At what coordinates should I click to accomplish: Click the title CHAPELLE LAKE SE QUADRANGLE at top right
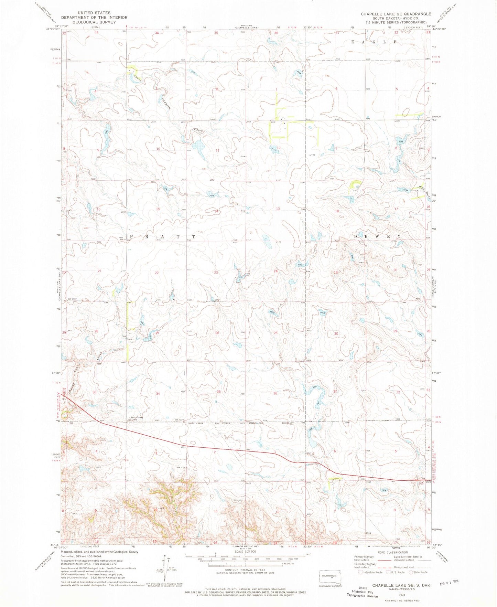click(396, 14)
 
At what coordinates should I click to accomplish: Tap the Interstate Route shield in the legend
click(360, 572)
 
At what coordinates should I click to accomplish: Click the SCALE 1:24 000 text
click(245, 551)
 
